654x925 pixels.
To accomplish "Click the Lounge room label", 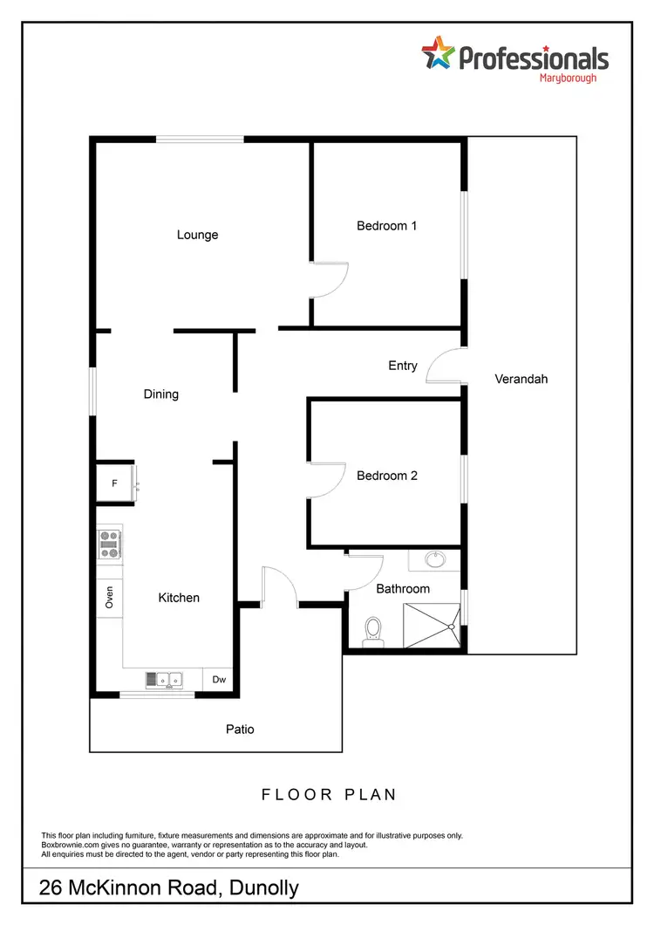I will pos(197,235).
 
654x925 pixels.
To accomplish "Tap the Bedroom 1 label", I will pos(386,226).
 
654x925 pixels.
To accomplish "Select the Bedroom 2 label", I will pos(386,476).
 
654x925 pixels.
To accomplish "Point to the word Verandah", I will pos(521,379).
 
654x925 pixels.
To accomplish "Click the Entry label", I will pos(403,366).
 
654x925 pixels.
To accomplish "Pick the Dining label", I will pos(161,394).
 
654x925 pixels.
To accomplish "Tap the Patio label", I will pos(240,729).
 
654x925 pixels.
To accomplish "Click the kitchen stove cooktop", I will pos(110,544).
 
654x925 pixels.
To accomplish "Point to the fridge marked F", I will pos(114,483).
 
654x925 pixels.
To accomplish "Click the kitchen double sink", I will pos(164,678).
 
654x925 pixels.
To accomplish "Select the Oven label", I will pos(110,598).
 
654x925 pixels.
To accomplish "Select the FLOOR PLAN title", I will pos(329,794).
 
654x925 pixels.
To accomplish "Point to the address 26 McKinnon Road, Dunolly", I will pos(170,888).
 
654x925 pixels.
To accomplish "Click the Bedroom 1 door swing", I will pos(332,281).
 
